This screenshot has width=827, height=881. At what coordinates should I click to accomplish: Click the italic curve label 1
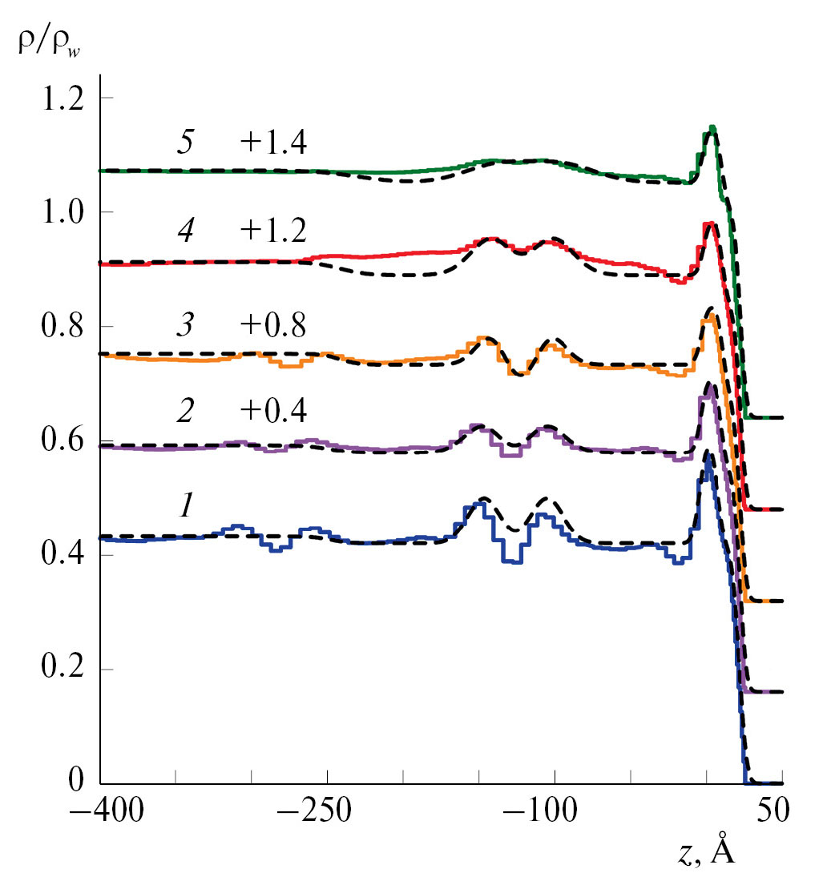pos(184,506)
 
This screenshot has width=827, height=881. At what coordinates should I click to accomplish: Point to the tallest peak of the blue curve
pos(707,455)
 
